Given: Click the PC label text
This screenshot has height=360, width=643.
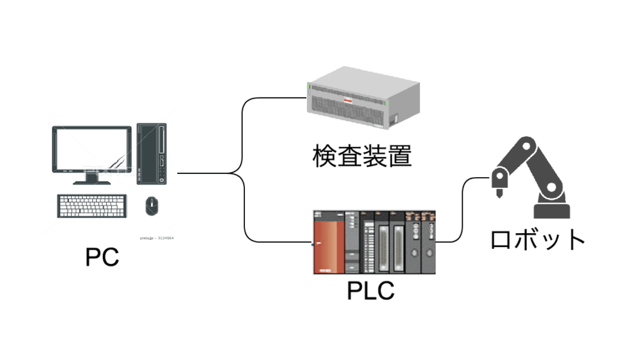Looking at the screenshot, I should click(x=102, y=258).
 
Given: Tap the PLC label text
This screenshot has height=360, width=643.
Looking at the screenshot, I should click(x=370, y=290).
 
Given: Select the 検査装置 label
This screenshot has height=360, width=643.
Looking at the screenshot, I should click(x=362, y=155).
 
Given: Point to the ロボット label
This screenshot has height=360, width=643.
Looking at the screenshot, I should click(x=538, y=239).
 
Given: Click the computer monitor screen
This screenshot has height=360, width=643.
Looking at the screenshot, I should click(x=92, y=150).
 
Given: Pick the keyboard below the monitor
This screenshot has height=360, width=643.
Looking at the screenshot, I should click(x=94, y=205).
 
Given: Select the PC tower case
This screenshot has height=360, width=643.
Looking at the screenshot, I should click(x=151, y=154).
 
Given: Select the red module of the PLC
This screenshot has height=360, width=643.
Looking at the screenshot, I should click(x=328, y=243).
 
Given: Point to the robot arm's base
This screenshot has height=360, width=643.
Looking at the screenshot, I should click(x=552, y=210).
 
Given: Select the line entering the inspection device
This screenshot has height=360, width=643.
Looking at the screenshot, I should click(x=276, y=98).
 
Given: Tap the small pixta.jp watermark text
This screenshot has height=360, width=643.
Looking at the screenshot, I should click(x=157, y=238).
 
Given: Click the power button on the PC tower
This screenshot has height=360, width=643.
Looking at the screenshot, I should click(x=162, y=180).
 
